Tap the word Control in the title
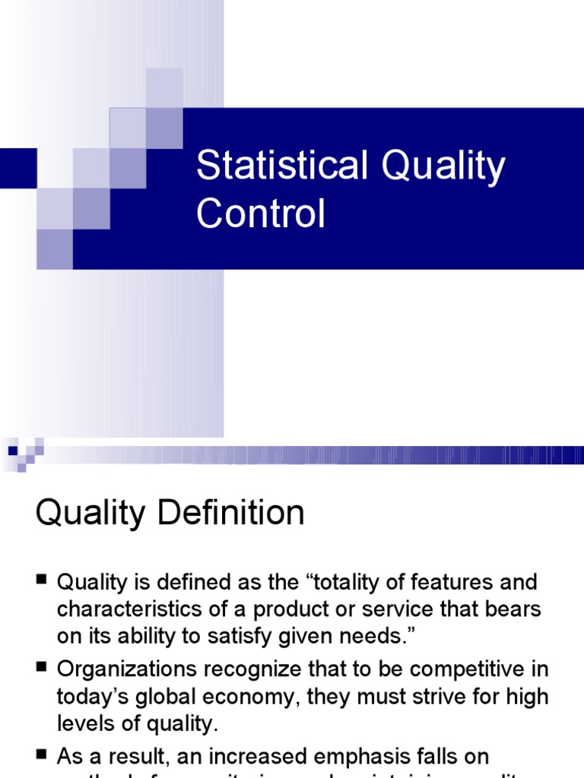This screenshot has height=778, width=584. click(260, 213)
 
